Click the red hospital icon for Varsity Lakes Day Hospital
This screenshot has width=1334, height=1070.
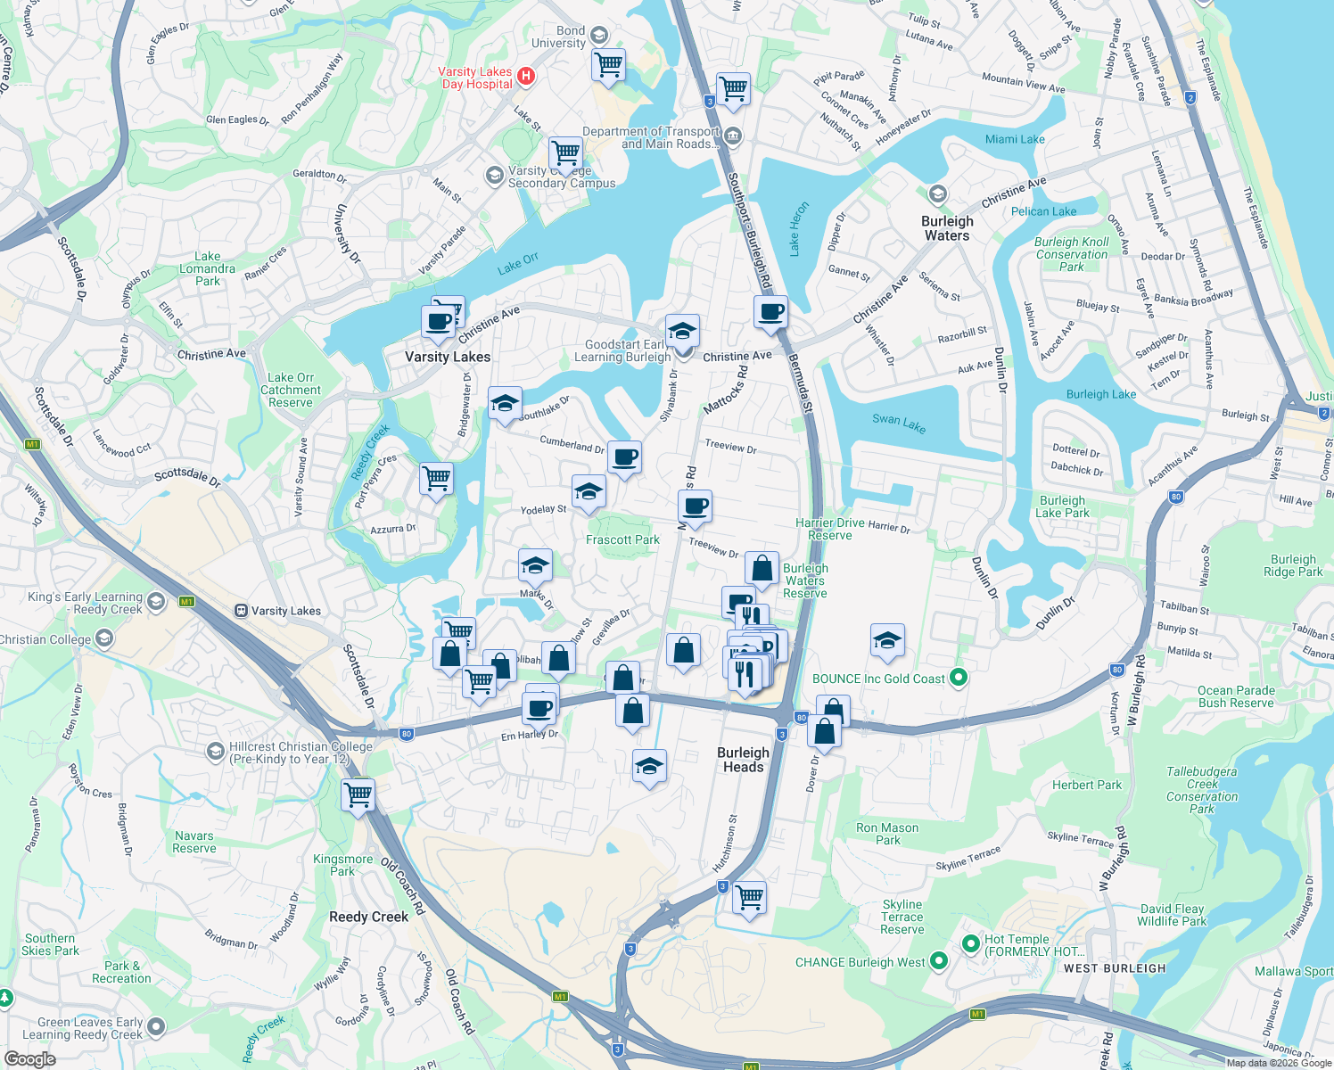526,76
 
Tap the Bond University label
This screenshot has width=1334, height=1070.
559,37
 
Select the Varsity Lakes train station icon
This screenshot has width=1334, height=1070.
241,611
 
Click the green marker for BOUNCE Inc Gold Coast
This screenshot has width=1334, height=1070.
959,679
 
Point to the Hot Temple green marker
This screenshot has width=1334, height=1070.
971,944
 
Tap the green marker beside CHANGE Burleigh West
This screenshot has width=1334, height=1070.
938,961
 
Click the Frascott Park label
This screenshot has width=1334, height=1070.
622,539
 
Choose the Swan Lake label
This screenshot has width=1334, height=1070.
899,423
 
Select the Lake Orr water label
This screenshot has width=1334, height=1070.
518,263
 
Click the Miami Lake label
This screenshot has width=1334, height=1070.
1015,139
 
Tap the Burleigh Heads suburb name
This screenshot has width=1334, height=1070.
744,760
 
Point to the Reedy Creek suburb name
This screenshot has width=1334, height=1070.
368,917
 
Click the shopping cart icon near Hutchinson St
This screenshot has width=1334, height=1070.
749,896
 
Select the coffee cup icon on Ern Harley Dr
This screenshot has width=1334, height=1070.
539,709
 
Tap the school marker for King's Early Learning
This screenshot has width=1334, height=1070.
156,603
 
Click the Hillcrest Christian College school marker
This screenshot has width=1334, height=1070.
215,752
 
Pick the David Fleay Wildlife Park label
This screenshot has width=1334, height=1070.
1172,915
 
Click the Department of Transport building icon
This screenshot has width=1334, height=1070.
733,136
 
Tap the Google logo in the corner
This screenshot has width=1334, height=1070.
29,1059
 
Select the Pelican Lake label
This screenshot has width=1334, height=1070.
1043,211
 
